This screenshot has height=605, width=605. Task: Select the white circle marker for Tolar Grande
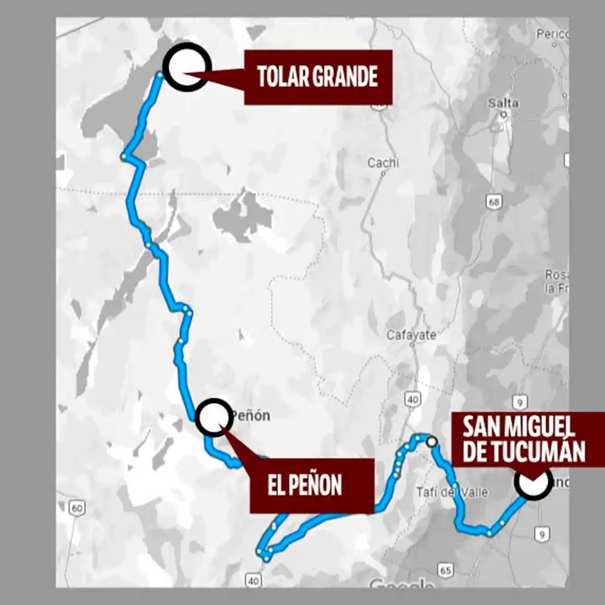click(x=187, y=67)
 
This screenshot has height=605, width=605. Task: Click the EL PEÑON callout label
click(x=305, y=486)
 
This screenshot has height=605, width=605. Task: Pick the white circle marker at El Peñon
click(x=213, y=417)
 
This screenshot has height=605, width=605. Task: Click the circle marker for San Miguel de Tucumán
click(x=533, y=482)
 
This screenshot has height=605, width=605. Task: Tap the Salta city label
click(x=503, y=103)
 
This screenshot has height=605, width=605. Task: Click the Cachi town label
click(x=383, y=163)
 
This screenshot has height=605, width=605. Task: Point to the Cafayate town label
click(x=411, y=334)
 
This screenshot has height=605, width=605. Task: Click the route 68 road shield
click(x=494, y=202)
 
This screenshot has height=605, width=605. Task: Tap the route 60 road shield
click(x=76, y=508)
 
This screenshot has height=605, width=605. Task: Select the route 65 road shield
click(x=445, y=570)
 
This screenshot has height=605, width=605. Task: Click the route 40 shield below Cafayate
click(x=413, y=399)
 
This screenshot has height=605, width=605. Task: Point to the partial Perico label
click(x=553, y=34)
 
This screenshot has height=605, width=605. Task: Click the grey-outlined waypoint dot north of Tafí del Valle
click(x=432, y=441)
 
